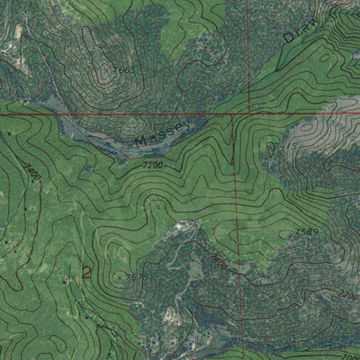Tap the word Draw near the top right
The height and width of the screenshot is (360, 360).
pos(296,31)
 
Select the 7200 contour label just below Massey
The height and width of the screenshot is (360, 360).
pos(154,165)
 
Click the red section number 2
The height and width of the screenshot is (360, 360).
pos(86,273)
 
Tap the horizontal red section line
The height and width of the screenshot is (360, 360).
pos(90,114)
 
